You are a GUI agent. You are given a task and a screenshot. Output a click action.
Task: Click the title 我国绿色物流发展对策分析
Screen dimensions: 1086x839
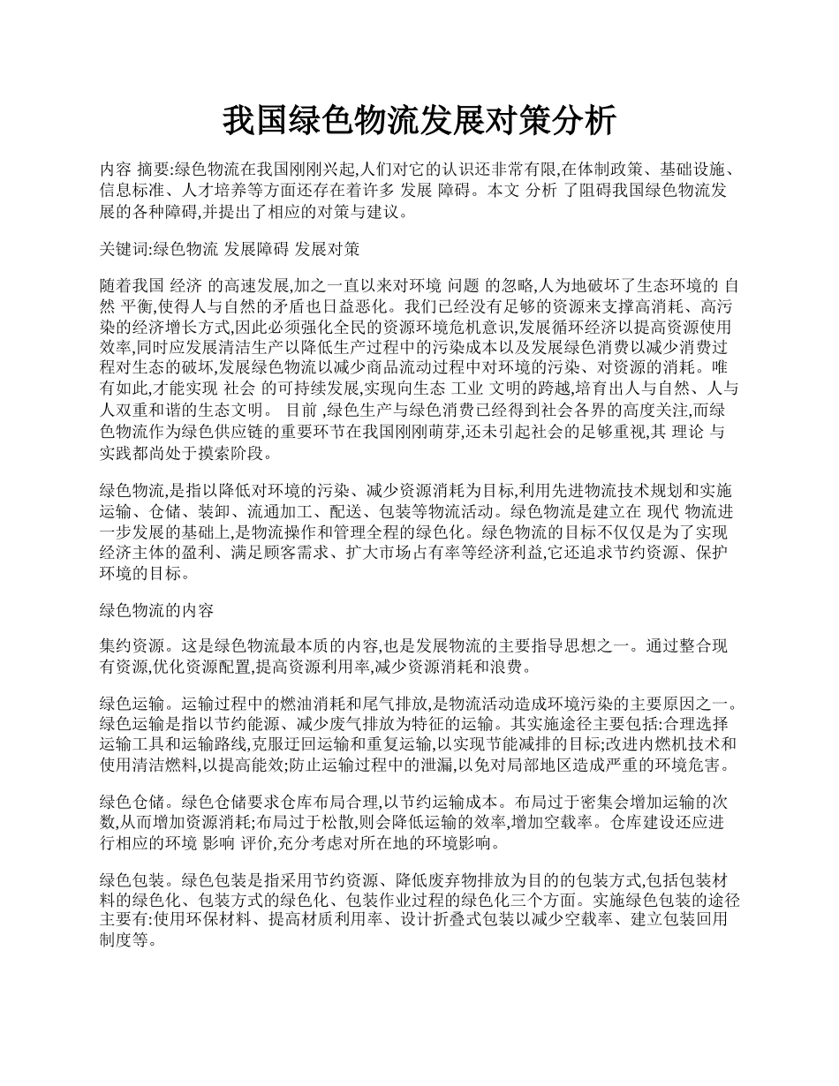click(x=419, y=121)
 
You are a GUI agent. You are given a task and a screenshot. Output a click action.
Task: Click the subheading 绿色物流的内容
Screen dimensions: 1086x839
click(x=152, y=611)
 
